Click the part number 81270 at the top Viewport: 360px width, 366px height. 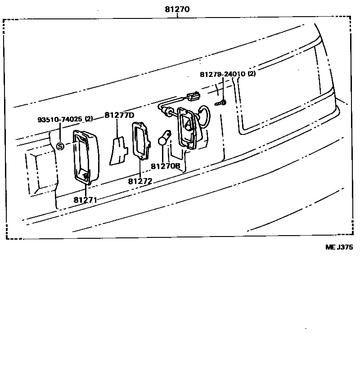click(177, 9)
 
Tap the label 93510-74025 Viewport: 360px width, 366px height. click(60, 120)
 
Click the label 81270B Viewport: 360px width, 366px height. click(165, 166)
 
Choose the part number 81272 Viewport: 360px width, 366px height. click(140, 181)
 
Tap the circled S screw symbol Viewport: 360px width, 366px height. click(61, 146)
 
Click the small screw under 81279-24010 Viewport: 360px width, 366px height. click(221, 103)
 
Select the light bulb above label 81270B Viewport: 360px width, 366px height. click(164, 139)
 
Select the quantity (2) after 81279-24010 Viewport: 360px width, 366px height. click(251, 74)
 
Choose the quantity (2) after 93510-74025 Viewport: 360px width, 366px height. click(89, 119)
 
